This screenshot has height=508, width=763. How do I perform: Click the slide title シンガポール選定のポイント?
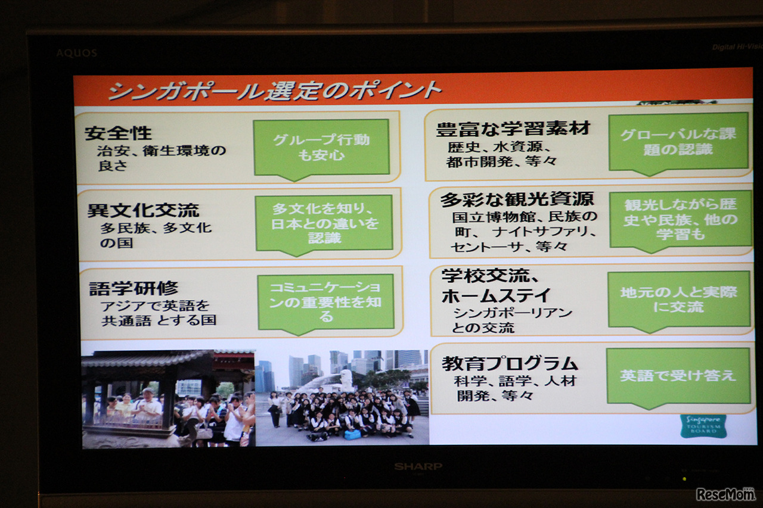click(x=275, y=90)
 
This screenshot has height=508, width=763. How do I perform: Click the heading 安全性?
click(x=118, y=133)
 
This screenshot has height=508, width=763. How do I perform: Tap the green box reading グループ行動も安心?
click(x=321, y=149)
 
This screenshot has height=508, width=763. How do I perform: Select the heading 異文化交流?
click(x=143, y=210)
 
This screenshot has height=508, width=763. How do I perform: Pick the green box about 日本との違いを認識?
click(x=324, y=225)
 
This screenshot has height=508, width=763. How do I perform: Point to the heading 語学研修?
click(x=134, y=288)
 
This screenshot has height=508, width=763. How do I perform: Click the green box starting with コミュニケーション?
click(x=325, y=303)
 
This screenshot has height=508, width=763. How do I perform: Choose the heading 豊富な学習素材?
click(x=513, y=129)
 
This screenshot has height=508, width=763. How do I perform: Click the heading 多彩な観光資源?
click(x=517, y=200)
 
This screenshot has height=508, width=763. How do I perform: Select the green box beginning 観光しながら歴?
click(x=680, y=221)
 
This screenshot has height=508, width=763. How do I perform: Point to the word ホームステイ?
click(x=496, y=295)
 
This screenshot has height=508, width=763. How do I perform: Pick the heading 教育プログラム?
click(x=510, y=364)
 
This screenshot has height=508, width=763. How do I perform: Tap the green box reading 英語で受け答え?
click(x=678, y=377)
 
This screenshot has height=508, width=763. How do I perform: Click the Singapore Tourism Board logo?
click(x=703, y=426)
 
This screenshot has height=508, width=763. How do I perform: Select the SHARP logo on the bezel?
click(x=418, y=466)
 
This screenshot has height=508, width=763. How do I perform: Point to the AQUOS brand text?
click(x=77, y=53)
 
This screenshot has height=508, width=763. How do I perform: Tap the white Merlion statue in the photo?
click(x=345, y=378)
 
